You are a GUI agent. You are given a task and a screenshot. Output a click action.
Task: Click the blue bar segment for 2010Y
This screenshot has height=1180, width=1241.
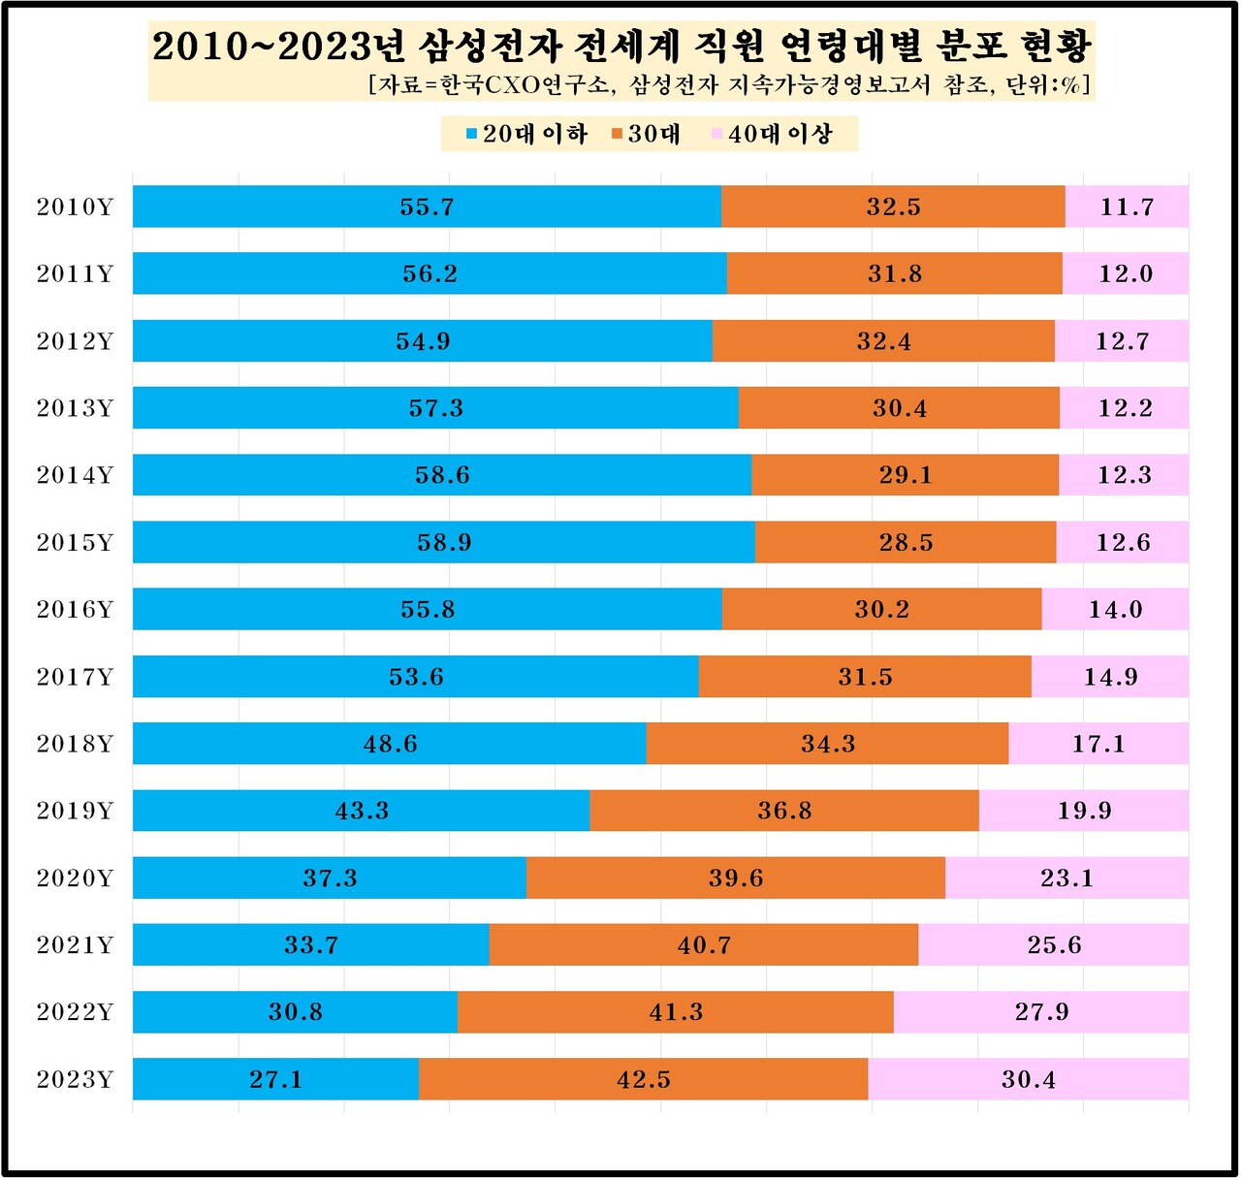point(427,207)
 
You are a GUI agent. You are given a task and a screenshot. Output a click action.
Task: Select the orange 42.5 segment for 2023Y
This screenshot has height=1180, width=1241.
point(644,1079)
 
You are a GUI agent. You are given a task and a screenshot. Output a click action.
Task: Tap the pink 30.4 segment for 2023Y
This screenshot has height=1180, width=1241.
point(1028,1079)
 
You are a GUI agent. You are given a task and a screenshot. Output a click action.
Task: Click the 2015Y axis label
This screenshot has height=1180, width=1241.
point(75,543)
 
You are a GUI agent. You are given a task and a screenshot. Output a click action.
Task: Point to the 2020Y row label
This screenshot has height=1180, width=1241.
point(75,878)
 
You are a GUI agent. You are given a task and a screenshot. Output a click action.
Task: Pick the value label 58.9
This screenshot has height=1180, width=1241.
point(444,543)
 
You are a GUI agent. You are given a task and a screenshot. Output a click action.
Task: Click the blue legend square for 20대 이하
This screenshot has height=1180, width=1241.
point(472,135)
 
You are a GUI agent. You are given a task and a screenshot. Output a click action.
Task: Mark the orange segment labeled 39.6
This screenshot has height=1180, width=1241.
point(735,878)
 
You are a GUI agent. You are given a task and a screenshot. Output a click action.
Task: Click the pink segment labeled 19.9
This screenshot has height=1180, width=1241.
point(1084,811)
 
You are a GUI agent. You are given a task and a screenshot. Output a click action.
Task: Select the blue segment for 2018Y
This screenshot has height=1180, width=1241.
point(390,744)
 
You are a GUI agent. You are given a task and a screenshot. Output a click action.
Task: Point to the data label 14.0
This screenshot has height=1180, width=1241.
point(1115,610)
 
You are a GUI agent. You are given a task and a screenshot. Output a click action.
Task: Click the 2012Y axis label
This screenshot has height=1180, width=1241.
point(75,341)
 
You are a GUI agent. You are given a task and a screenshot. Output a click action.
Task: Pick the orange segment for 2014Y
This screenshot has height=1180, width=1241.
point(905,475)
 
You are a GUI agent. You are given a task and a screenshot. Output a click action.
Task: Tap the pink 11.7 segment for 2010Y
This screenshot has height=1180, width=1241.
point(1127,207)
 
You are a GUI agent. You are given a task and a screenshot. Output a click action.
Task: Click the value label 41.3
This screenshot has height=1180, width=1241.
point(676,1012)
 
